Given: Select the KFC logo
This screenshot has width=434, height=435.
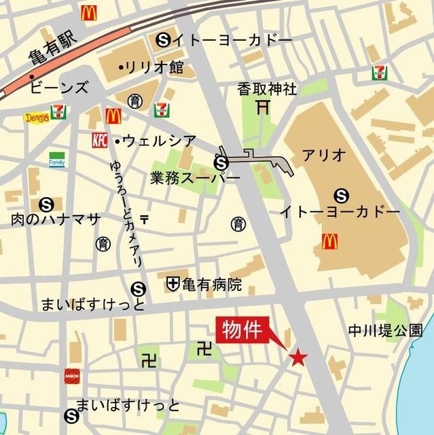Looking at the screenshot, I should pyautogui.click(x=100, y=140).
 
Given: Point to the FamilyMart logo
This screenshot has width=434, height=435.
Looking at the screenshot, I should pyautogui.click(x=58, y=160).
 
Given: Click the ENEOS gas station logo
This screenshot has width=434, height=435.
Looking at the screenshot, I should pyautogui.click(x=72, y=375).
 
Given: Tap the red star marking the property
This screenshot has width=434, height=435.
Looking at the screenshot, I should pyautogui.click(x=297, y=357).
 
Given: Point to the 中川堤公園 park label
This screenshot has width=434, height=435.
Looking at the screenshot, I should pyautogui.click(x=386, y=330).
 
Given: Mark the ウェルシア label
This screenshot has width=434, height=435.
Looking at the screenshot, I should pyautogui.click(x=153, y=141).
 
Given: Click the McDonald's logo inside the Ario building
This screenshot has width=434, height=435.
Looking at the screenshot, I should pyautogui.click(x=330, y=240).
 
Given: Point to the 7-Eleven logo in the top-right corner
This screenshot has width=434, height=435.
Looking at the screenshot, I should pyautogui.click(x=379, y=72).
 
